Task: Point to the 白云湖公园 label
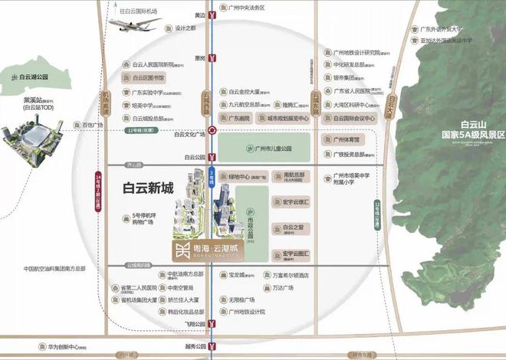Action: point(30,78)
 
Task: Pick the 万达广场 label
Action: point(284,289)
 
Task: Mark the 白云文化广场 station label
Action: point(190,135)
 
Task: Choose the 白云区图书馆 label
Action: point(149,78)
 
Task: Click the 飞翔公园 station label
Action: point(195,324)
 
